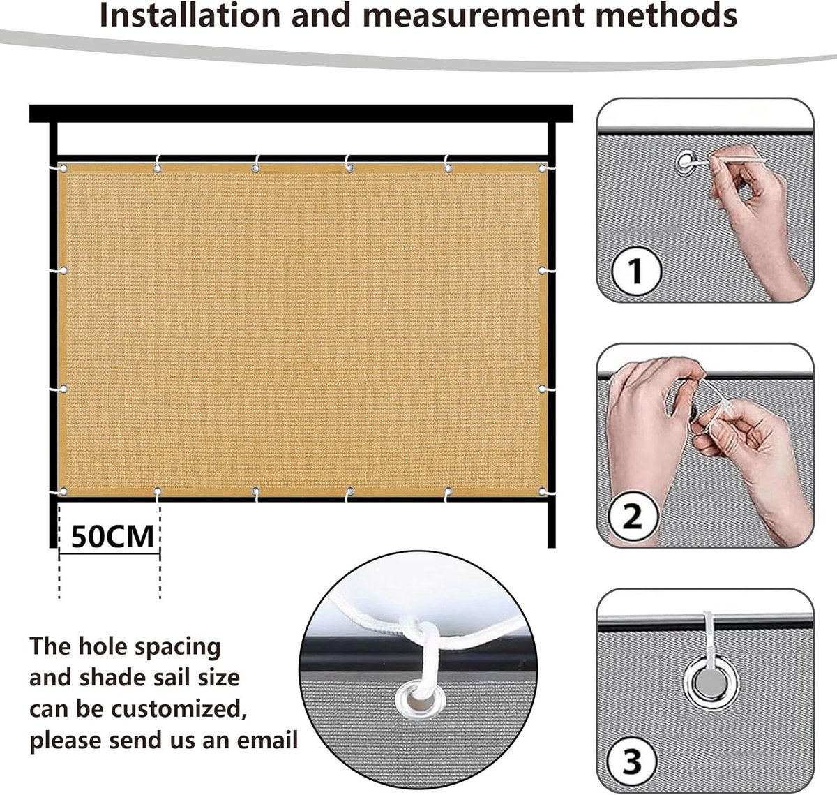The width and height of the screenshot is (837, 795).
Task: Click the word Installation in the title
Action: point(190,15)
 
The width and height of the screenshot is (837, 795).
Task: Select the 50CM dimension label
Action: point(112,537)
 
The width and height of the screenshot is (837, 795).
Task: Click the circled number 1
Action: point(635,270)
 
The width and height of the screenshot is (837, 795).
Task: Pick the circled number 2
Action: point(633,516)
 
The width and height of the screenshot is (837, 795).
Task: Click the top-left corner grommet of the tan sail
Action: point(63,169)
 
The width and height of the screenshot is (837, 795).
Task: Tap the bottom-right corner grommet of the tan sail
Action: point(543,491)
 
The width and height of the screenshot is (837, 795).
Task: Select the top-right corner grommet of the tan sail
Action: point(543,169)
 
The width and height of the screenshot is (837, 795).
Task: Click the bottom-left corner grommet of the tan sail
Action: point(63,491)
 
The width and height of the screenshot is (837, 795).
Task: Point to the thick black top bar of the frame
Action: point(301,114)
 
